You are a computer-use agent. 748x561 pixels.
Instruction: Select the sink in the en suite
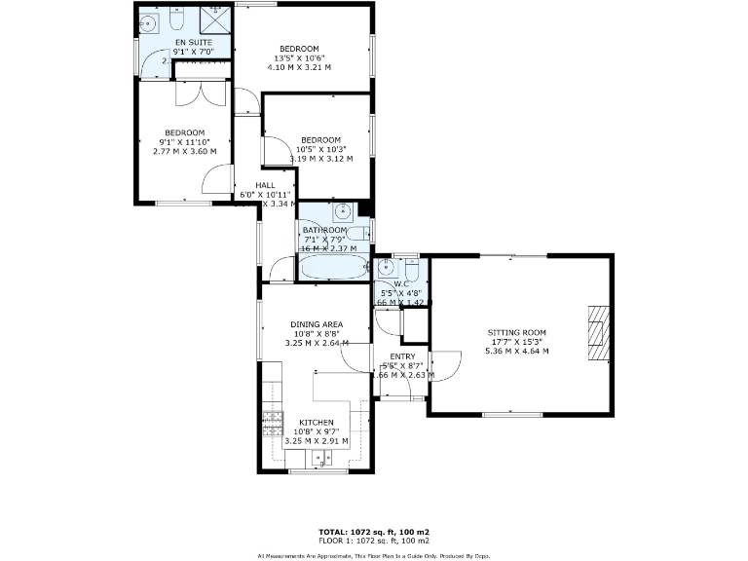tap(149, 20)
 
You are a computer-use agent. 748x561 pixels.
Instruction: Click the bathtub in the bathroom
tap(332, 267)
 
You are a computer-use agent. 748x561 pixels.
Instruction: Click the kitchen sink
tap(320, 458)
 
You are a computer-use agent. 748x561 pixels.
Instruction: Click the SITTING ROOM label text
tap(516, 333)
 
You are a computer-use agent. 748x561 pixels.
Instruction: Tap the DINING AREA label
tap(317, 324)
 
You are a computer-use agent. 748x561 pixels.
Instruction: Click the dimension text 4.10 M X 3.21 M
tap(299, 67)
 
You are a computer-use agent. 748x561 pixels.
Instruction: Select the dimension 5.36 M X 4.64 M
tap(516, 351)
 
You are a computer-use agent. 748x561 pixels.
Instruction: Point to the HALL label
tap(265, 185)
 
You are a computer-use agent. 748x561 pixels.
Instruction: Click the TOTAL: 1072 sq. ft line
tap(374, 532)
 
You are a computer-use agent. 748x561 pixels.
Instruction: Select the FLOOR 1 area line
tap(374, 541)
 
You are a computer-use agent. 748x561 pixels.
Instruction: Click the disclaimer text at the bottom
tap(374, 556)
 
